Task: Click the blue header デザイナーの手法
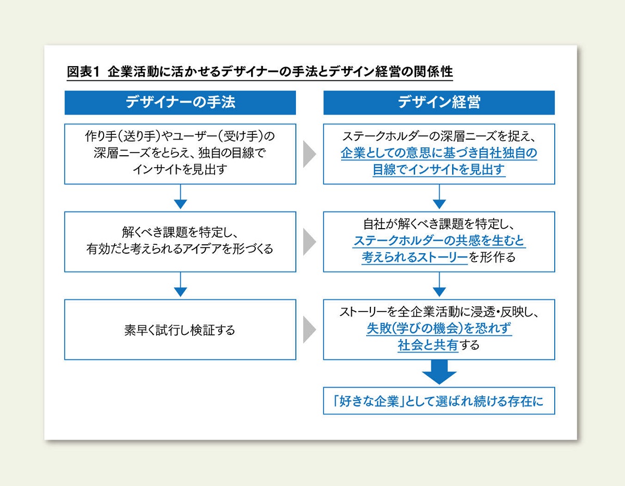(x=180, y=103)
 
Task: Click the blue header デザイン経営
(x=439, y=103)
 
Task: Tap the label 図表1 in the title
(x=83, y=71)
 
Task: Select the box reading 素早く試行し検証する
(x=180, y=330)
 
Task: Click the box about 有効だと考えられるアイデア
(x=180, y=242)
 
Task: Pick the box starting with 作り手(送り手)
(x=180, y=154)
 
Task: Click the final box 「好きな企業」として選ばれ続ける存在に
(x=439, y=401)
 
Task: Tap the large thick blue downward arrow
(x=439, y=372)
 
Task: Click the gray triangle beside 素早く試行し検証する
(x=310, y=330)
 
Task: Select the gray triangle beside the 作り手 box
(x=310, y=154)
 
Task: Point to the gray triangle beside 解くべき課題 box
(x=310, y=242)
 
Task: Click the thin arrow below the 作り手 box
(x=180, y=197)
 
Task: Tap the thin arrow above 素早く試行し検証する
(x=180, y=284)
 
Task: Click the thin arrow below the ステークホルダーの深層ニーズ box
(x=439, y=197)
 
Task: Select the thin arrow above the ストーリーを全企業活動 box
(x=439, y=284)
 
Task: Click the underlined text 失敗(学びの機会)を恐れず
(x=439, y=328)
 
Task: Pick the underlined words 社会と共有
(x=428, y=345)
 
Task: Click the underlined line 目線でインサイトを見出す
(x=439, y=170)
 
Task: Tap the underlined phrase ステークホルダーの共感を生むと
(x=439, y=241)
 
